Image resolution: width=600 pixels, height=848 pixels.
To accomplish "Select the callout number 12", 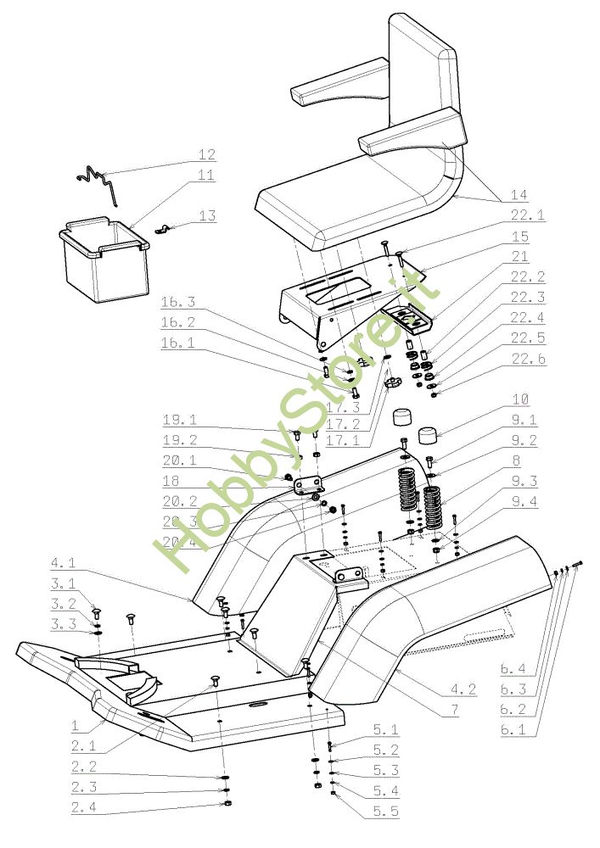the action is (x=207, y=155).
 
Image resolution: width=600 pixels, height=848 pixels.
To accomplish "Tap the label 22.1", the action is (x=527, y=215).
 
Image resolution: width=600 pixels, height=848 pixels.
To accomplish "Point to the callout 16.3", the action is (x=180, y=302).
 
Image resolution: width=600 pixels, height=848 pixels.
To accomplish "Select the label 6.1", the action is (x=518, y=728).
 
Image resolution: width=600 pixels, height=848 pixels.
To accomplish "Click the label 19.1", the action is (x=180, y=420).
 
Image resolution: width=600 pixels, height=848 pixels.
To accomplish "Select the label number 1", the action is (x=75, y=726).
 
